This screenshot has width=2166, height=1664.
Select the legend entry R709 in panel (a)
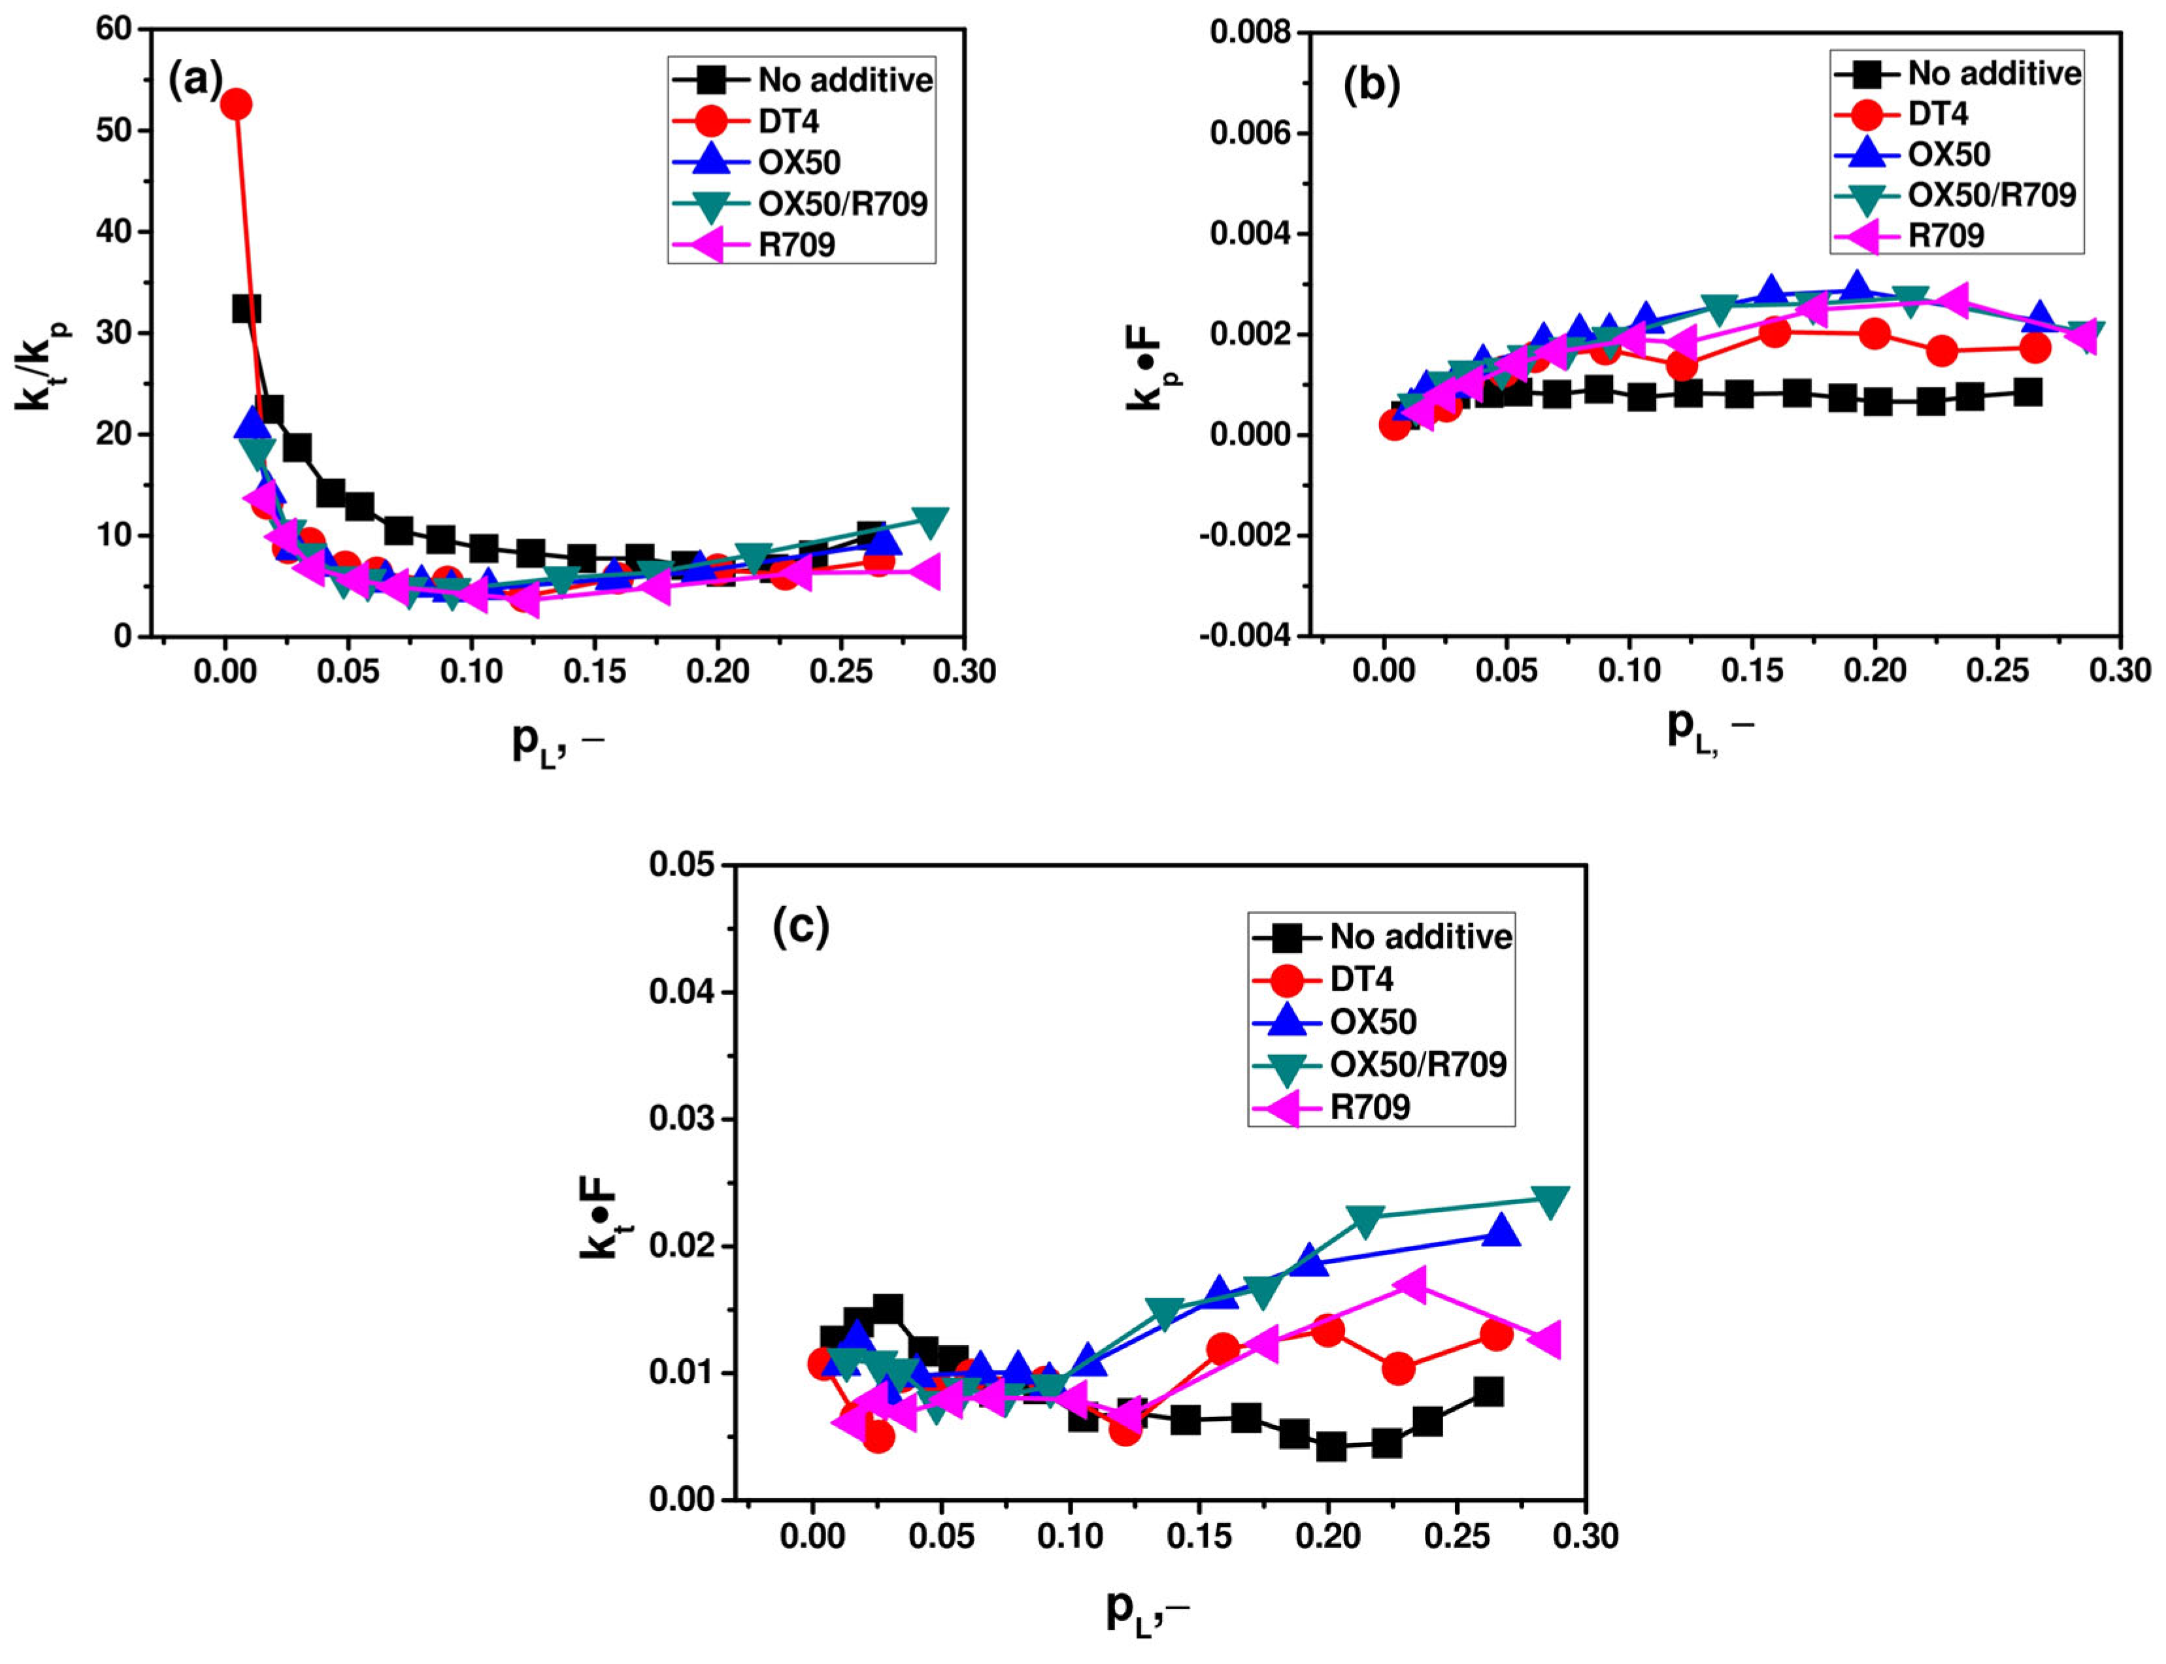click(795, 244)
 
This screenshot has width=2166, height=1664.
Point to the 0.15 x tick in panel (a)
click(595, 672)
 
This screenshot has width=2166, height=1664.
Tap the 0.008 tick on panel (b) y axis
click(1250, 33)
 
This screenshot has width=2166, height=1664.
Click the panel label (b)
click(1371, 87)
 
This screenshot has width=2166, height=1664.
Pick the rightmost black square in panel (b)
click(2027, 392)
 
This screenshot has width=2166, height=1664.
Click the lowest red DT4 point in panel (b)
click(1394, 425)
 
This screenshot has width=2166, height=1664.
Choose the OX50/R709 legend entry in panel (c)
click(1418, 1064)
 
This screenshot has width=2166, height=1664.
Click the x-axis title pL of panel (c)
click(1146, 1610)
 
